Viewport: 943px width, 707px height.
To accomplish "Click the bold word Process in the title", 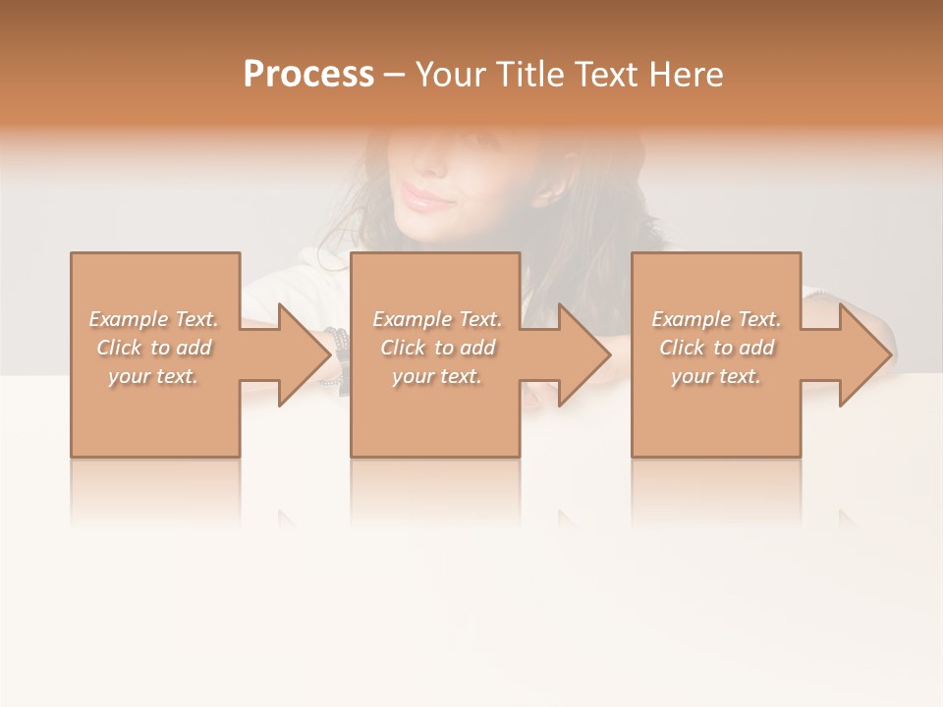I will pos(308,75).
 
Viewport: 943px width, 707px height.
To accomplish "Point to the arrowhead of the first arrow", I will pos(305,354).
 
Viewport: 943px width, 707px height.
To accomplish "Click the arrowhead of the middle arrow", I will pos(585,354).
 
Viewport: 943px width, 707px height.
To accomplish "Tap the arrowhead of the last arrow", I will pos(866,354).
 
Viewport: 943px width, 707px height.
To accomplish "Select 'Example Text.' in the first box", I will pos(154,319).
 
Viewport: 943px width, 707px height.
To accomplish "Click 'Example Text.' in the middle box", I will pos(437,319).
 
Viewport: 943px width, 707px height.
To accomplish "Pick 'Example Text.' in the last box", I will pos(716,319).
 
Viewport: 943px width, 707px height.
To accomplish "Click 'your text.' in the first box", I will pos(154,376).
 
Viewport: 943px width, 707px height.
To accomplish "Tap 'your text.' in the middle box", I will pos(437,376).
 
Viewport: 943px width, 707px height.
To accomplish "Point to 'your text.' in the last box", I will pos(716,376).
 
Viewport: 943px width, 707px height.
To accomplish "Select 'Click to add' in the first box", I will pos(154,348).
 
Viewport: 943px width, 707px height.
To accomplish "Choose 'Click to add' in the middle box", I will pos(437,348).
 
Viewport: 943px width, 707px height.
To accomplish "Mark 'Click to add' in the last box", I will pos(716,348).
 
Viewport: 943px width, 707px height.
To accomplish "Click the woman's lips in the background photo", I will pos(425,198).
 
